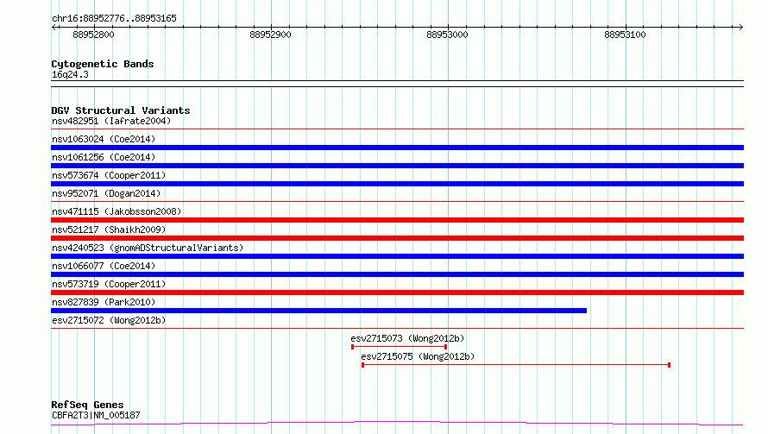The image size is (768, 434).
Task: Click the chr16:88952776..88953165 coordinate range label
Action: (x=114, y=18)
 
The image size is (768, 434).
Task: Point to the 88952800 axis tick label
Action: (x=93, y=35)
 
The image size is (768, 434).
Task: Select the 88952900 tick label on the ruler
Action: (x=270, y=35)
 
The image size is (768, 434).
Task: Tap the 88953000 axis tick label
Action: (x=447, y=35)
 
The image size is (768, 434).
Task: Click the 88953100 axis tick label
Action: (x=625, y=35)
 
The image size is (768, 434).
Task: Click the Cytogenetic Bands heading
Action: (x=103, y=64)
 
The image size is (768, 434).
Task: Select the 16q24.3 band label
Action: (x=70, y=74)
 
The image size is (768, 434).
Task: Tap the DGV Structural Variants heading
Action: (x=121, y=110)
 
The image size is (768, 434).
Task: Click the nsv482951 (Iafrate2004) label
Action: (x=111, y=121)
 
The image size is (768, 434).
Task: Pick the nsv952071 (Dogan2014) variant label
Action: (x=106, y=193)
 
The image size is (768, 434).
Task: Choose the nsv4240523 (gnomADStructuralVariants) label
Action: (x=148, y=248)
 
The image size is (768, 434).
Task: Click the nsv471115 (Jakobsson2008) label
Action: (x=116, y=211)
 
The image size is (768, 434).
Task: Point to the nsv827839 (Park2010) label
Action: (x=104, y=302)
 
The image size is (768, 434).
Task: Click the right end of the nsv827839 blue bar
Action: (x=586, y=311)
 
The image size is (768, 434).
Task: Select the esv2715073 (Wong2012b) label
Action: (x=407, y=338)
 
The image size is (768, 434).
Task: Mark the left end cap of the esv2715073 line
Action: (x=353, y=347)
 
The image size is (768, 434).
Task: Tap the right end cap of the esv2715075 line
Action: (x=669, y=365)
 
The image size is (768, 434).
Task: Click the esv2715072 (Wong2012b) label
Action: (x=109, y=320)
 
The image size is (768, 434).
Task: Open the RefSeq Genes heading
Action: (x=88, y=405)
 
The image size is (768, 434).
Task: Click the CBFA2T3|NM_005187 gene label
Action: (x=96, y=415)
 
